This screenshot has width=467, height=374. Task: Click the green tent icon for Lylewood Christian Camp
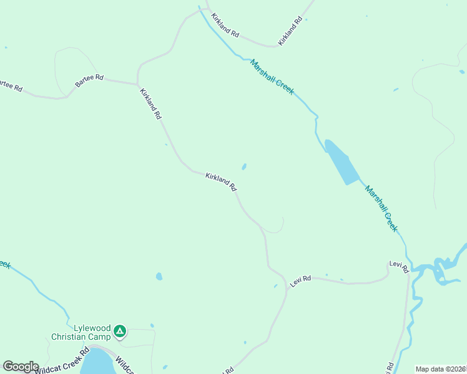(x=120, y=330)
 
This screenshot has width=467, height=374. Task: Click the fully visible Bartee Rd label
(x=89, y=80)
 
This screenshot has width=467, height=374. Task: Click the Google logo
(x=21, y=367)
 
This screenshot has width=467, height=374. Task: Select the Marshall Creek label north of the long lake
(x=272, y=77)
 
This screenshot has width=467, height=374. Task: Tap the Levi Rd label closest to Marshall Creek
(x=398, y=266)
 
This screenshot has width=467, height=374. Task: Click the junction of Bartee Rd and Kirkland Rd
(x=138, y=84)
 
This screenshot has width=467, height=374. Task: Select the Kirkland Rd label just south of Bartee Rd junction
(x=150, y=103)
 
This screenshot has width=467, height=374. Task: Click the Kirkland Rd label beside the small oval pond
(x=221, y=182)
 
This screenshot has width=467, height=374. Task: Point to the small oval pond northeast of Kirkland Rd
(x=244, y=166)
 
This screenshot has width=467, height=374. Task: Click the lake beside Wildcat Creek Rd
(x=97, y=363)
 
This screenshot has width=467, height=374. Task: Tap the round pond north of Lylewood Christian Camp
(x=159, y=276)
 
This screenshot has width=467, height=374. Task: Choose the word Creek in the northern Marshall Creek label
(x=284, y=86)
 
